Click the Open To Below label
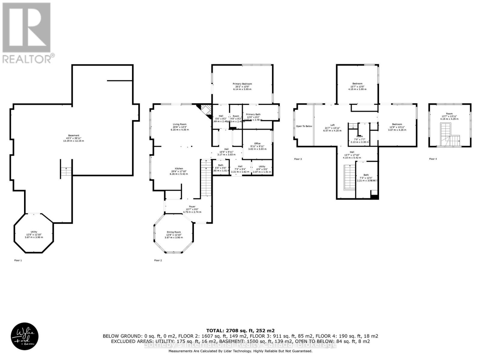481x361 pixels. [304, 126]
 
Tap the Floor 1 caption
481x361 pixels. [18, 260]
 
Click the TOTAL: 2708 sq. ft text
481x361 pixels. [240, 330]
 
